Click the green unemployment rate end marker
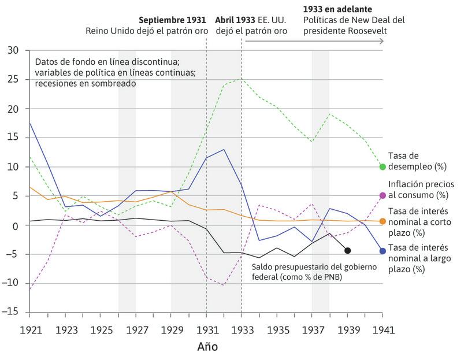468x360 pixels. click(382, 167)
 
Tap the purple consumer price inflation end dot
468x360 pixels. click(382, 196)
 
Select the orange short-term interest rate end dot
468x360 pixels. click(382, 221)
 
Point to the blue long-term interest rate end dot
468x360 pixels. click(382, 251)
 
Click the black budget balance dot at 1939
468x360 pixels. click(347, 250)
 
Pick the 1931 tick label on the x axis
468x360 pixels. click(206, 329)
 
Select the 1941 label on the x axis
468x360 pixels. click(382, 329)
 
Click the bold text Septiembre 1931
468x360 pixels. click(172, 20)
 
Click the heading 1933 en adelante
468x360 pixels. click(337, 9)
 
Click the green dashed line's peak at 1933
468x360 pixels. click(242, 79)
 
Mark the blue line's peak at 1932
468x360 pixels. click(224, 150)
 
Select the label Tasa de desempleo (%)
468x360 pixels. click(418, 161)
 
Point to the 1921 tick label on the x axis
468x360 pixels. click(29, 329)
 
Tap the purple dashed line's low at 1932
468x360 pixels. click(224, 285)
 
